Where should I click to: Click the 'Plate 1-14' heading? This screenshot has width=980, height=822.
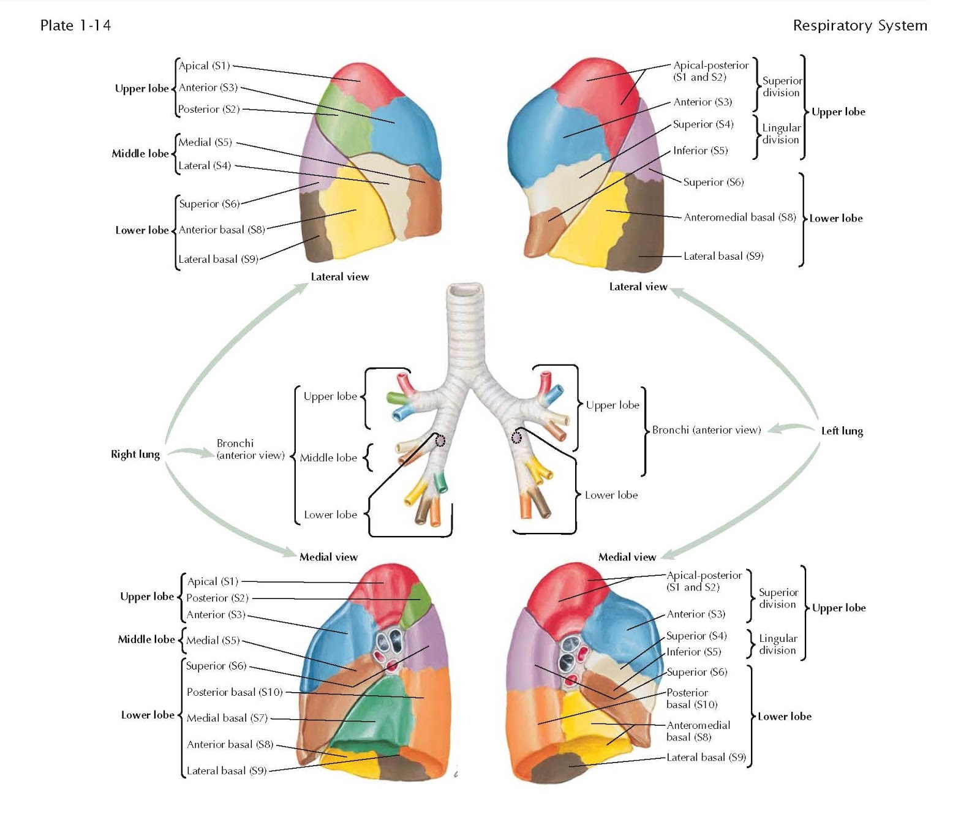coord(75,26)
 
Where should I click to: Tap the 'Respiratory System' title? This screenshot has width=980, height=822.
coord(859,26)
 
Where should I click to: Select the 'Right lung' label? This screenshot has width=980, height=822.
coord(135,454)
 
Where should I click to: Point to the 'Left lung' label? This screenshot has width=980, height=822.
coord(842,431)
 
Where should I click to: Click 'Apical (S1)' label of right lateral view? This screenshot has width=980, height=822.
coord(204,66)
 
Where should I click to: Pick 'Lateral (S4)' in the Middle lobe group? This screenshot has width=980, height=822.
coord(205,165)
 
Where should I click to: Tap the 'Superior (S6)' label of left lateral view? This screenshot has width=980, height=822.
coord(713,182)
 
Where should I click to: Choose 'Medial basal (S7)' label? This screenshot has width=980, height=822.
coord(227,718)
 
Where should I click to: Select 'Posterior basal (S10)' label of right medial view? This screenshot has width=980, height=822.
coord(235,692)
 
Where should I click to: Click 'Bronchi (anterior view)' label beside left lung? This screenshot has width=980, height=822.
coord(706,430)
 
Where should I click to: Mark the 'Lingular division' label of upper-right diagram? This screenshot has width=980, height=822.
coord(781,134)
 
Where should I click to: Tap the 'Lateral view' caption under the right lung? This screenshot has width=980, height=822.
coord(340,277)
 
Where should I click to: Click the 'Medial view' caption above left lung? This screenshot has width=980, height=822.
coord(627,557)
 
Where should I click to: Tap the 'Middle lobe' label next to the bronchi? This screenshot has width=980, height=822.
coord(328,458)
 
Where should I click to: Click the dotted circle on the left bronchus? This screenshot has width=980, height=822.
coord(516,437)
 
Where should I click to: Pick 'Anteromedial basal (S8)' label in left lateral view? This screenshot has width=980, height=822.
coord(739,217)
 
